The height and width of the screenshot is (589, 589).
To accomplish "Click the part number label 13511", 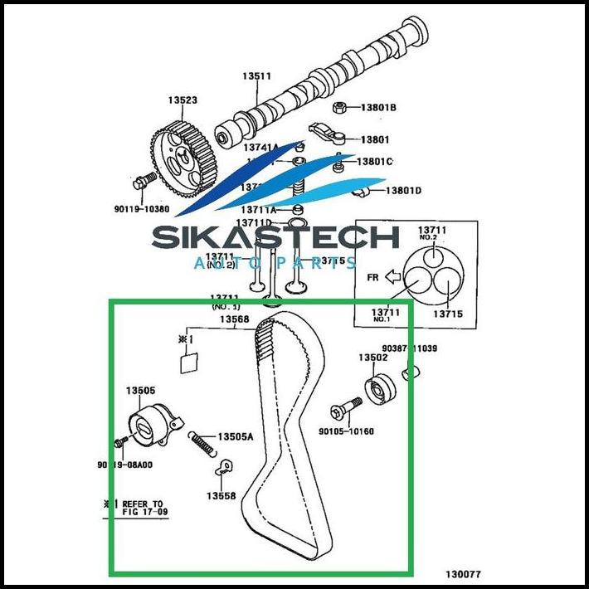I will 256,76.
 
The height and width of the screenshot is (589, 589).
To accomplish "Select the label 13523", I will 183,100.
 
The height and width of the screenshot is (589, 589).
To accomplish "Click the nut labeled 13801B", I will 339,107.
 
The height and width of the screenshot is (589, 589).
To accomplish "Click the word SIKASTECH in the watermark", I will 275,238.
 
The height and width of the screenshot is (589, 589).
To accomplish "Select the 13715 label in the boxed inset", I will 445,314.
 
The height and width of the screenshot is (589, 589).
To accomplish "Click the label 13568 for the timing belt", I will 234,319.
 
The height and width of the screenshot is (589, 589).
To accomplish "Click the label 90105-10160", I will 346,431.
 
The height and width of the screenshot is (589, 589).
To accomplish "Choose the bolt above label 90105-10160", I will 347,410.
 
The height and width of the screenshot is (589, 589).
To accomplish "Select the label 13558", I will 221,496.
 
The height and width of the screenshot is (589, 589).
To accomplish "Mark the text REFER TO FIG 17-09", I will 143,508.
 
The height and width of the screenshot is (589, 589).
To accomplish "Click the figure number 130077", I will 462,573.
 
